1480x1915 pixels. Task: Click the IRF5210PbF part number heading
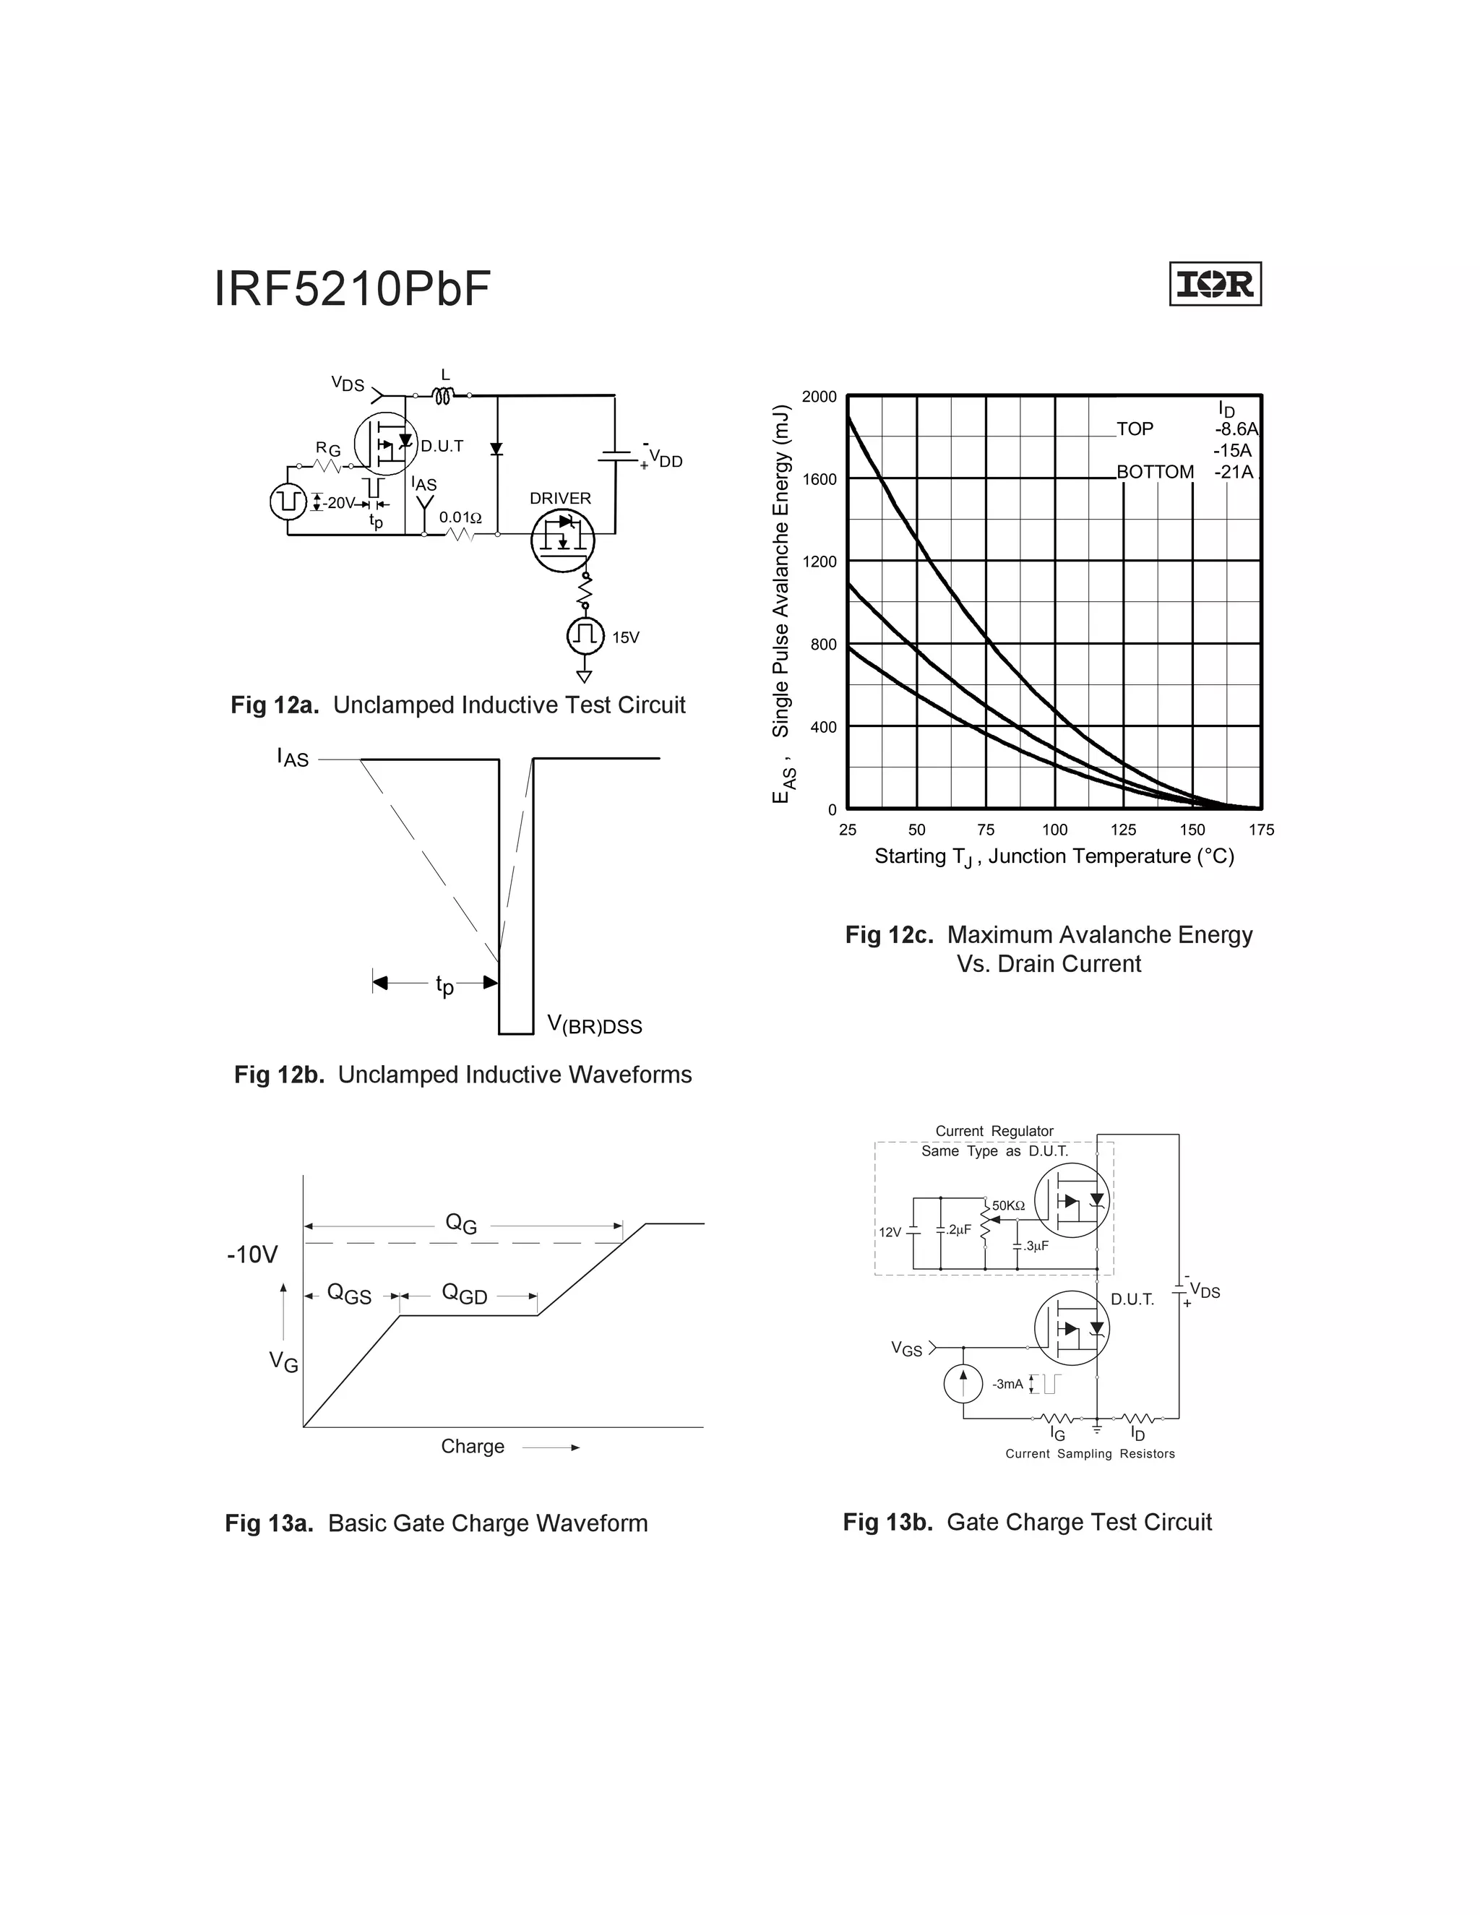(x=353, y=288)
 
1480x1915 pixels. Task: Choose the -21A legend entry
(x=1234, y=473)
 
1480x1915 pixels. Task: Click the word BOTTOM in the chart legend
(x=1155, y=473)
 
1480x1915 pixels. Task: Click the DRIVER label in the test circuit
(x=560, y=498)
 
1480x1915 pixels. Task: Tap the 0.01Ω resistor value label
(x=460, y=517)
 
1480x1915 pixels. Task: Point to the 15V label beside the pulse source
(x=626, y=637)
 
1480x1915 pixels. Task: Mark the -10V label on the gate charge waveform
(x=252, y=1255)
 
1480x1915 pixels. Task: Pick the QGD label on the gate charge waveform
(x=465, y=1294)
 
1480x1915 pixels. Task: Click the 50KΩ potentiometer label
(x=1008, y=1205)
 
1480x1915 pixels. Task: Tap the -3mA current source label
(x=1007, y=1384)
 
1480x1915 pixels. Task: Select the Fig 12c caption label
(x=888, y=934)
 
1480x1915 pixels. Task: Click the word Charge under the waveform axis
(x=473, y=1446)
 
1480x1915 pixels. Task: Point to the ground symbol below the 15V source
(x=584, y=676)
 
